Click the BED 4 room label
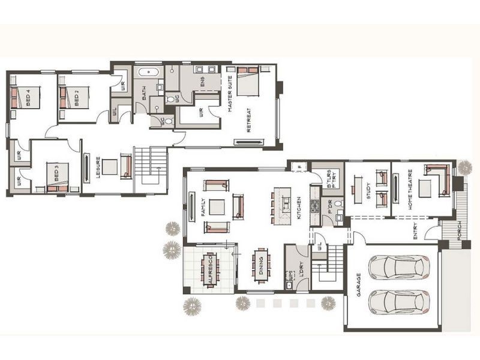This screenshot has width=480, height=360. click(29, 96)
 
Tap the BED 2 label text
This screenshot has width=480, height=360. click(77, 96)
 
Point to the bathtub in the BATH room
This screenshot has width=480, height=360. click(148, 73)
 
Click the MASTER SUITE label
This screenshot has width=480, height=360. click(230, 96)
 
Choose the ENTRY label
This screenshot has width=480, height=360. click(415, 231)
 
